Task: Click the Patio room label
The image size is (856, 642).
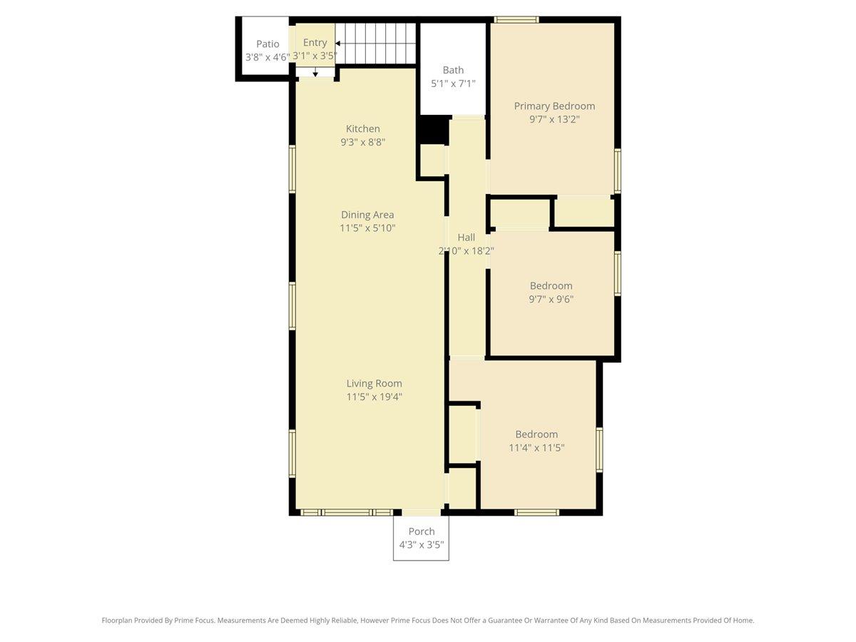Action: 267,44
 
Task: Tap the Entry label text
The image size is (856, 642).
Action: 315,43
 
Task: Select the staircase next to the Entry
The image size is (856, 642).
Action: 376,43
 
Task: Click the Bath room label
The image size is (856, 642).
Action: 453,70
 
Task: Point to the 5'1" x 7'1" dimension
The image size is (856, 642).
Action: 453,83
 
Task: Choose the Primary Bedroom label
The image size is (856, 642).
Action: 554,106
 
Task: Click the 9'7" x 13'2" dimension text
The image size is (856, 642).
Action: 554,120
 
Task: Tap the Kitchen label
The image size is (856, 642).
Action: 363,128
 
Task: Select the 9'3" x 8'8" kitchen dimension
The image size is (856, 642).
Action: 363,142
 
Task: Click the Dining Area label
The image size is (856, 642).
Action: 367,215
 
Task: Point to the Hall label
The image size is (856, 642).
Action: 466,238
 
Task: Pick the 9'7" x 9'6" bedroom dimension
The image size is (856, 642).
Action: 551,300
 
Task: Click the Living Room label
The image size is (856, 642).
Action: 374,383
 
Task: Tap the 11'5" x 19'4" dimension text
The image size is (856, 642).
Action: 374,397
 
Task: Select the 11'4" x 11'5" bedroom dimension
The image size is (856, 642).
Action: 536,448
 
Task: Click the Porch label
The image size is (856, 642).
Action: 421,531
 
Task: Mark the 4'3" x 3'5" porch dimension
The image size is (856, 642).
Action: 421,545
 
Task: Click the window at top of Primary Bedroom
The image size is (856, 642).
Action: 516,20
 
